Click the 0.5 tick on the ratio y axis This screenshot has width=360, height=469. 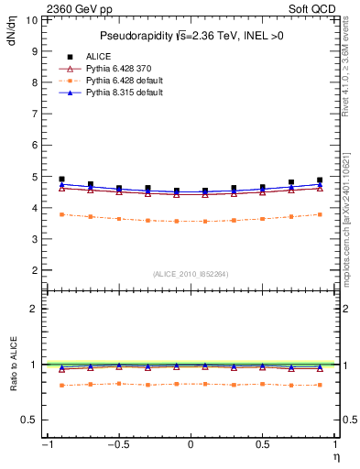coord(27,420)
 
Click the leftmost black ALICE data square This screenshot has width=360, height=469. coord(61,180)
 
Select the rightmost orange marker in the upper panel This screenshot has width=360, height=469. coord(320,214)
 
